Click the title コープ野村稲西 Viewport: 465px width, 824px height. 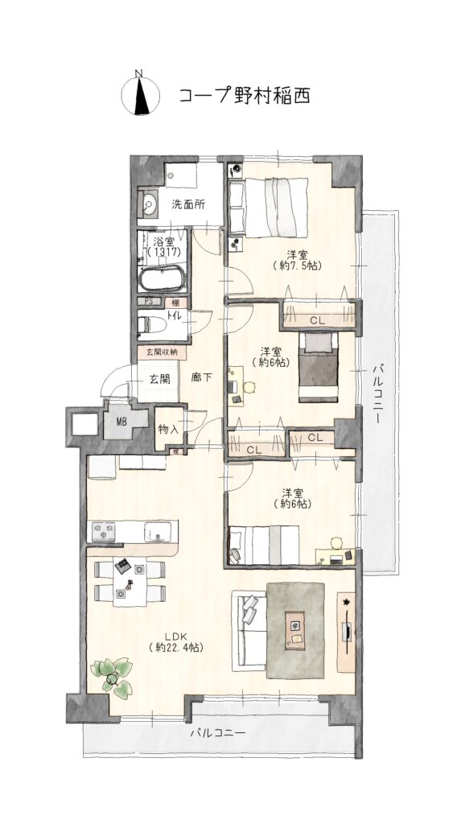click(x=244, y=96)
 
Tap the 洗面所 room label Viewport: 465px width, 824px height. click(x=188, y=205)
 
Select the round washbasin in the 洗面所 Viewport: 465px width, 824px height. click(x=149, y=204)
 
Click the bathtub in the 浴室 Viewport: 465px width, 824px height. click(x=163, y=278)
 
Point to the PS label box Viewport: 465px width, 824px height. click(x=149, y=302)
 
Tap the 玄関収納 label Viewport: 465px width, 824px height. click(x=162, y=352)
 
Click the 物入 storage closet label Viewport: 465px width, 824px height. click(x=168, y=429)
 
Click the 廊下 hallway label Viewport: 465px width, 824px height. click(x=201, y=378)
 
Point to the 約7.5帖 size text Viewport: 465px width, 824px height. click(x=298, y=266)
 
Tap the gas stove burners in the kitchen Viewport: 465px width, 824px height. click(x=104, y=532)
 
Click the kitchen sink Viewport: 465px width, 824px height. click(x=158, y=532)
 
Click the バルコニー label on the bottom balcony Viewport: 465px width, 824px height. click(x=217, y=732)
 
